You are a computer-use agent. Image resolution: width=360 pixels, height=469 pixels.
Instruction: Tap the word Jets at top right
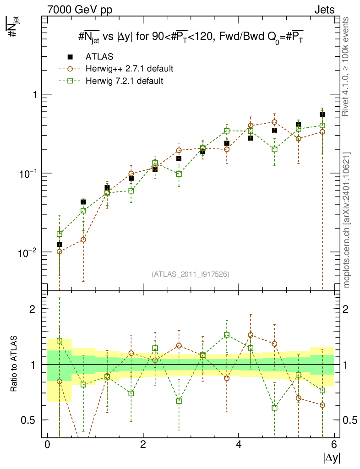pos(324,10)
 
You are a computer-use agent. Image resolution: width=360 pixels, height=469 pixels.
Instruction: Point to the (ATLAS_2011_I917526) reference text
pos(191,274)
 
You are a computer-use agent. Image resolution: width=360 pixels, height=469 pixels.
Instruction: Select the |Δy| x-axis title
pos(331,458)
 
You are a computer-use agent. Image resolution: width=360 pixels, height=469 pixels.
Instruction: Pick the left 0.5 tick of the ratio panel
pos(30,420)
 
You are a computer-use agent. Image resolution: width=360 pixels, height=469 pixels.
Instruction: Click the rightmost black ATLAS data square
pos(322,115)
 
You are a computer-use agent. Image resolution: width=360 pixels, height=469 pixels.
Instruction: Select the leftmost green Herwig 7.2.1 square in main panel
pos(60,234)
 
